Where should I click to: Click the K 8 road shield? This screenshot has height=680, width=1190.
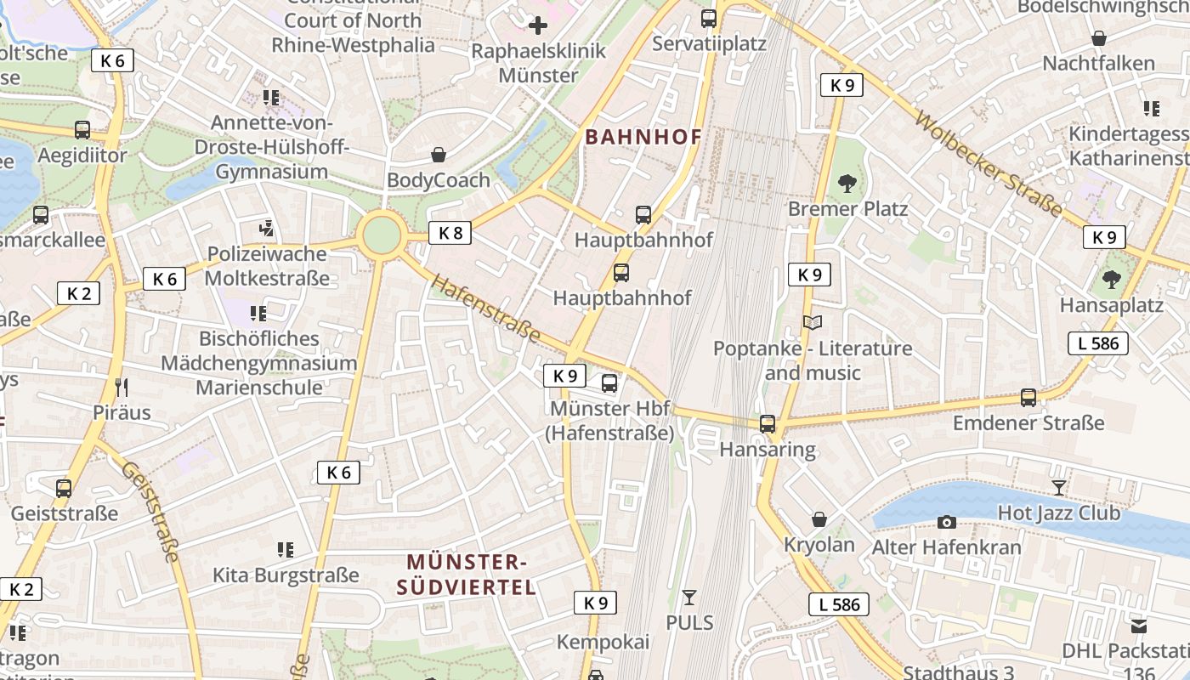[450, 232]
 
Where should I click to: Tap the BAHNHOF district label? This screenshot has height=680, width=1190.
[643, 137]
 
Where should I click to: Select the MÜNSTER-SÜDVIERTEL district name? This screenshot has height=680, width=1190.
[467, 574]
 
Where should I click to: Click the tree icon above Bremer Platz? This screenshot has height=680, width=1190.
[847, 183]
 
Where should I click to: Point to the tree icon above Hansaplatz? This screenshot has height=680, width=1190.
[1111, 279]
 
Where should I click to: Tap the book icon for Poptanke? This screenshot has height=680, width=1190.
[813, 323]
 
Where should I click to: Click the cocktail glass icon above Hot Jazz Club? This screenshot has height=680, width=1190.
[1058, 487]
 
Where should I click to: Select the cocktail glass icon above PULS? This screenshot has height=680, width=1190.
[689, 597]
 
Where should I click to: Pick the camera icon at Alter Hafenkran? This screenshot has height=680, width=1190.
[946, 522]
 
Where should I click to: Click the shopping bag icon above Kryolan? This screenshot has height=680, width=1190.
[819, 518]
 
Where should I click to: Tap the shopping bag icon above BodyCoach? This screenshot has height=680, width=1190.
[439, 154]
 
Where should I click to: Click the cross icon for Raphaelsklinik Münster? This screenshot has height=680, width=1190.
[538, 25]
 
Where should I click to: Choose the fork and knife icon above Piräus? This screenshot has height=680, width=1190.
[122, 388]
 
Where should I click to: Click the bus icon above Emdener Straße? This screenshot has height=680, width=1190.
[1028, 397]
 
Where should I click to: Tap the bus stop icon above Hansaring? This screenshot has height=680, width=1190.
[768, 423]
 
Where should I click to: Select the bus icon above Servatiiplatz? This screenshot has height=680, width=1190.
[709, 18]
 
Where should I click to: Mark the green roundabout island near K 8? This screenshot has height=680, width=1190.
[381, 235]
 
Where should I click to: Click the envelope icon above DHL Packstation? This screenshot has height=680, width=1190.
[1138, 626]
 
